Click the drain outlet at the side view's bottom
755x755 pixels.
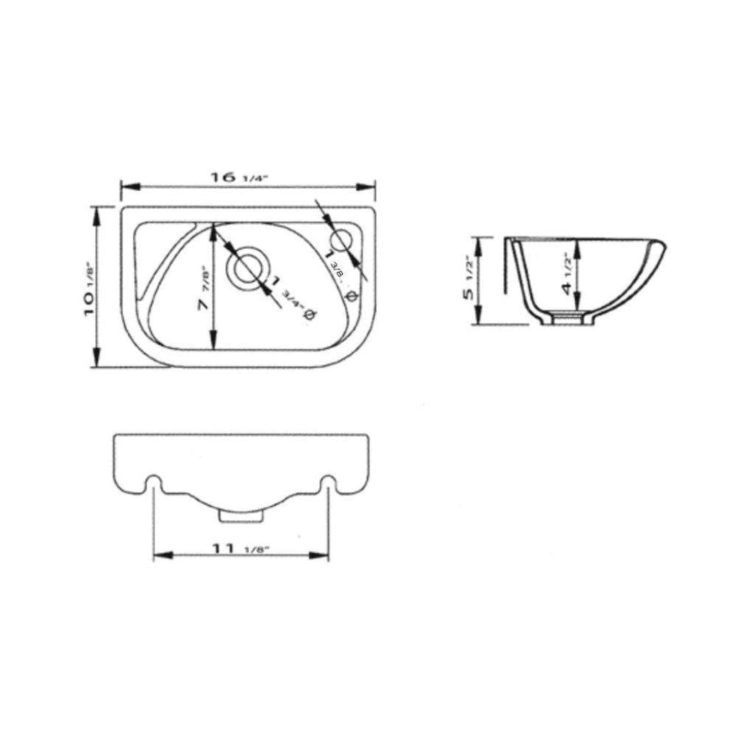click(567, 318)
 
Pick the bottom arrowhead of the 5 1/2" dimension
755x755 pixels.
click(477, 317)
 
